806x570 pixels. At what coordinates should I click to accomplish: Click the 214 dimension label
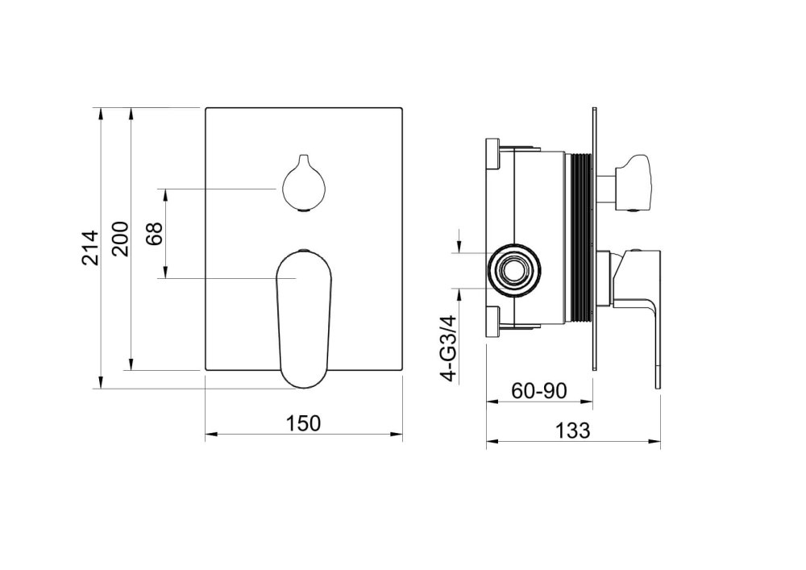(89, 248)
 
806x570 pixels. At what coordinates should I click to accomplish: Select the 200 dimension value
(120, 239)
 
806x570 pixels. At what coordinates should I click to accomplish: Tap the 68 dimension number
(154, 233)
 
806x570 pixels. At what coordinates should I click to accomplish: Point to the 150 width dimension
(303, 422)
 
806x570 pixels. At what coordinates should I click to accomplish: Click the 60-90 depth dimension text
(539, 391)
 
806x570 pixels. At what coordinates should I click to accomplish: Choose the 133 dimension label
(572, 430)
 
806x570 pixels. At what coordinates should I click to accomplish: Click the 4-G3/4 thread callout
(449, 348)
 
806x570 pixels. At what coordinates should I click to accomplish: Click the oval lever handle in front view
(305, 318)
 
